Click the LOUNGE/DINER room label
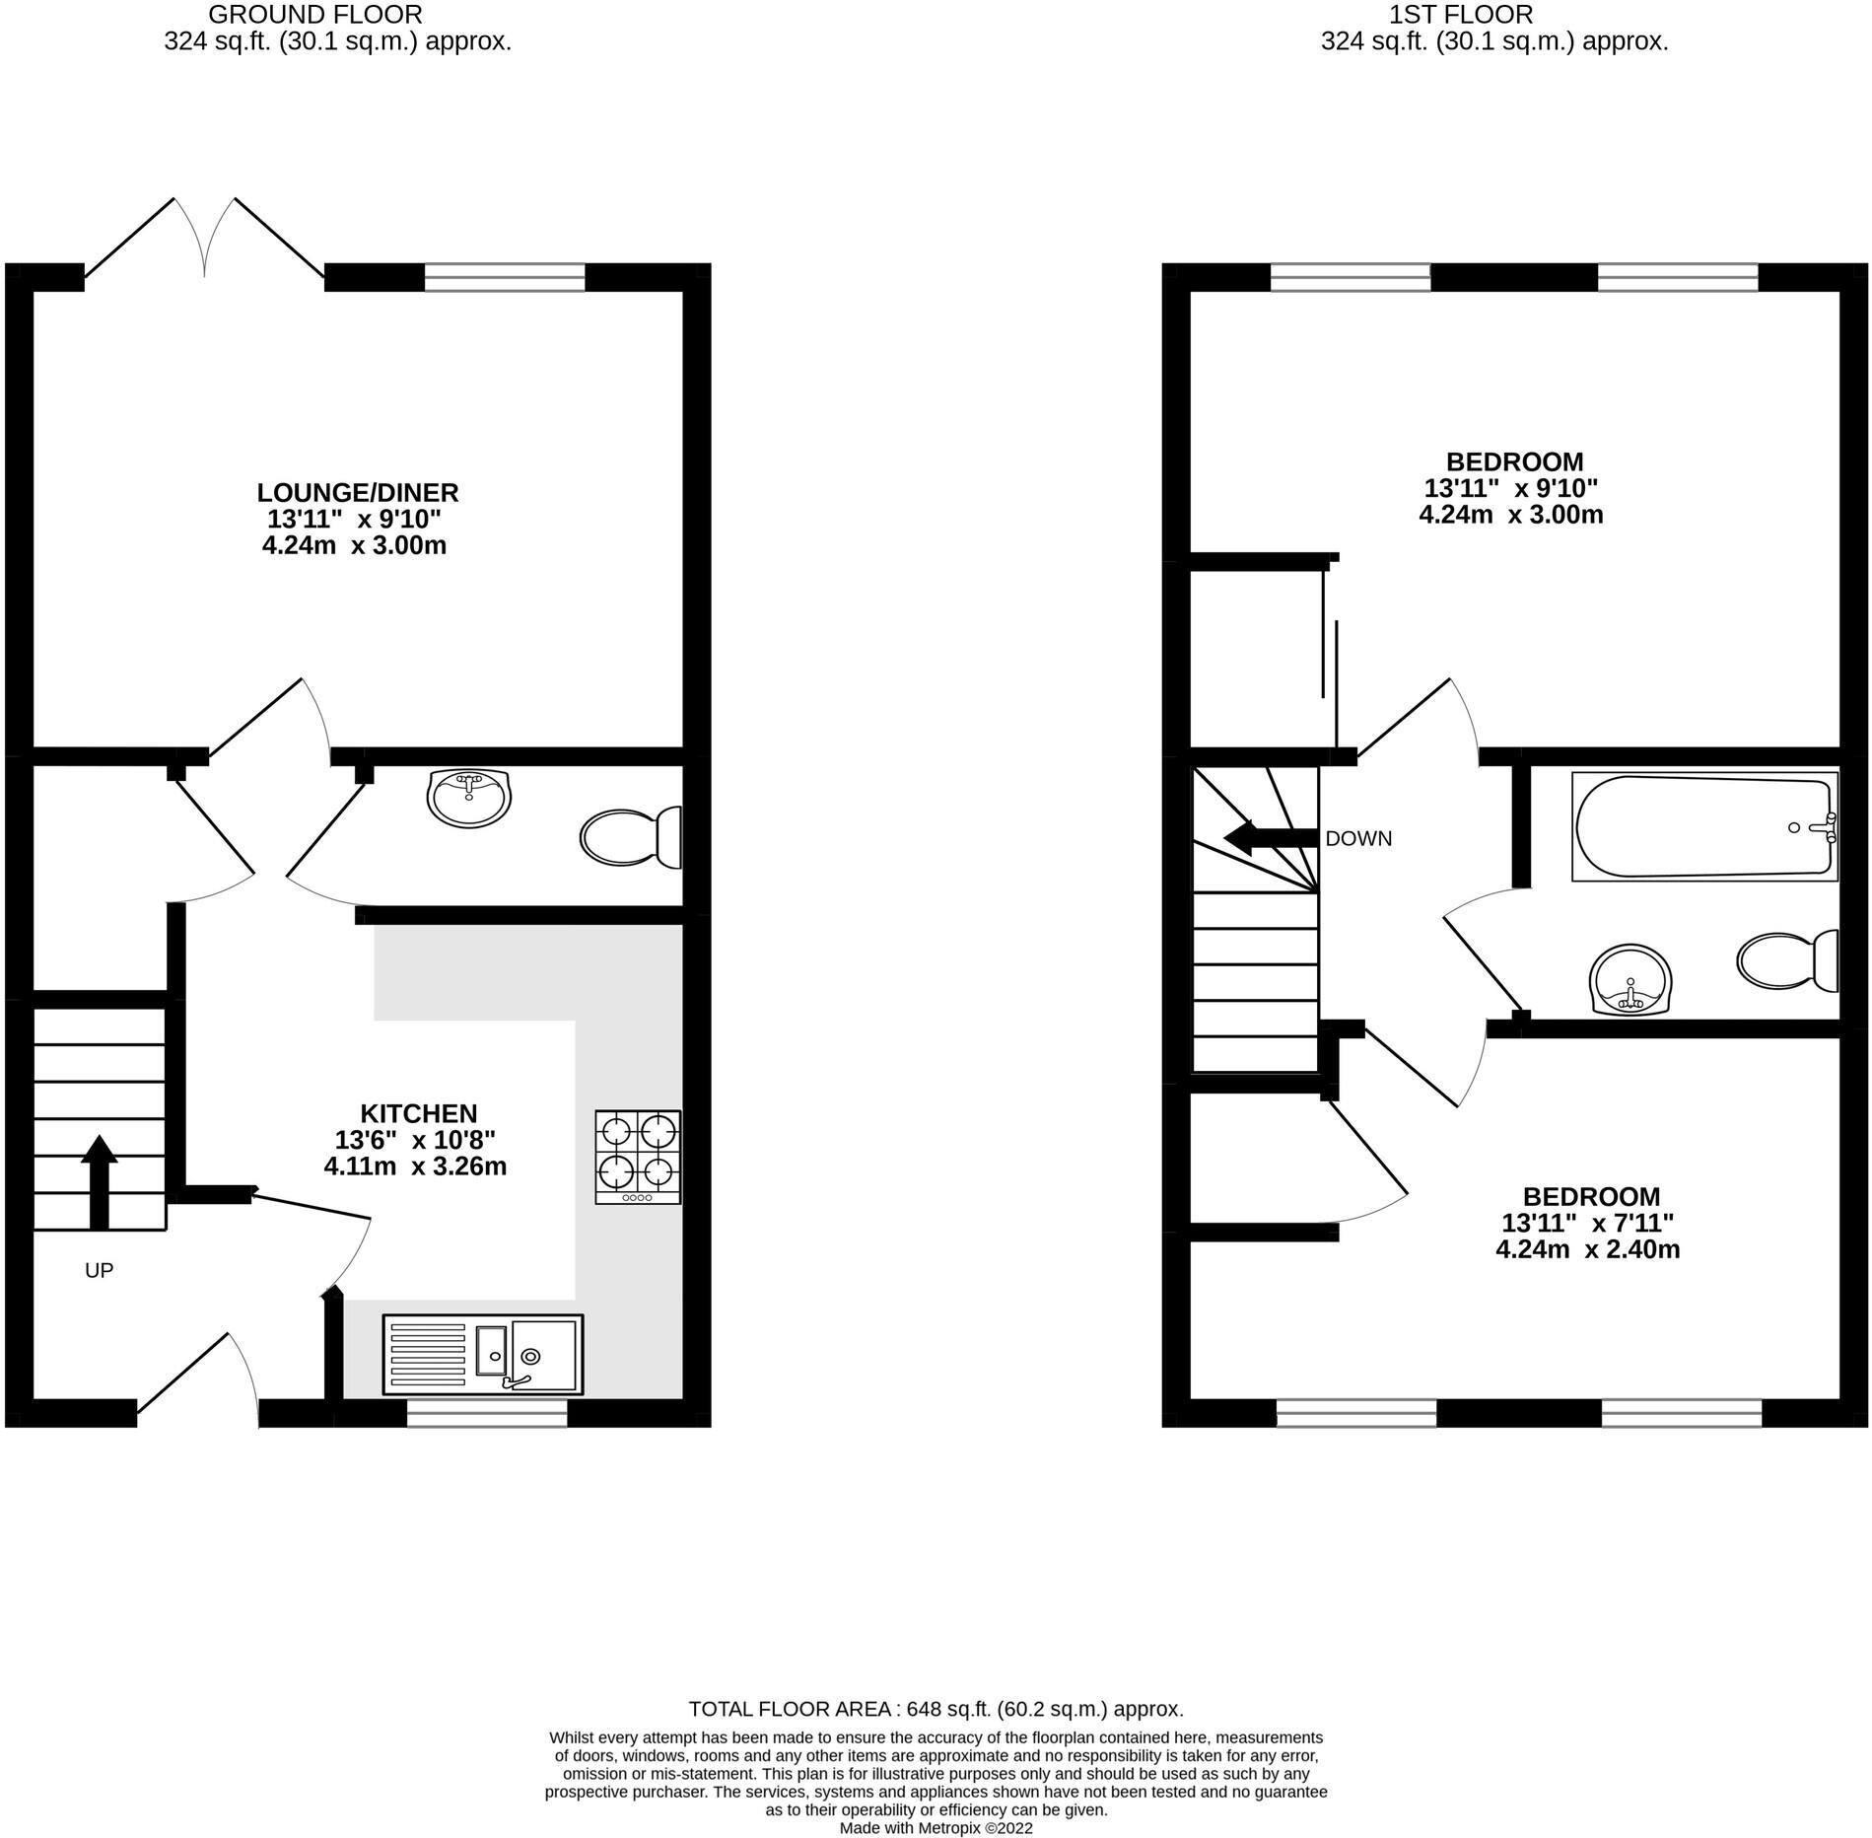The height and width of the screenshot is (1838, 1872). click(357, 492)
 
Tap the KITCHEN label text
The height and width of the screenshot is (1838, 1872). click(418, 1113)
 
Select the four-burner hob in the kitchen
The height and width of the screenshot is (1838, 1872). click(638, 1156)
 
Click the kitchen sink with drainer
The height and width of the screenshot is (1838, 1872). click(483, 1355)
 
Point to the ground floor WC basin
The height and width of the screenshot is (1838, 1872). click(469, 797)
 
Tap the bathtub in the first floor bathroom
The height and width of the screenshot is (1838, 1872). click(1704, 826)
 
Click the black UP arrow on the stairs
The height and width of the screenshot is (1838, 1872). click(99, 1181)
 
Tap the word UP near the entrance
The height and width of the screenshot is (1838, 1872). click(99, 1270)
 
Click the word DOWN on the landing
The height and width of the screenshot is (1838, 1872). click(1358, 839)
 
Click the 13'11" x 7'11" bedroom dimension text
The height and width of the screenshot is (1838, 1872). click(1587, 1224)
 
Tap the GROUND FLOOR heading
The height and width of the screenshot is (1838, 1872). click(315, 15)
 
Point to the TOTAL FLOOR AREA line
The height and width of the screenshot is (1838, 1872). click(936, 1709)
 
